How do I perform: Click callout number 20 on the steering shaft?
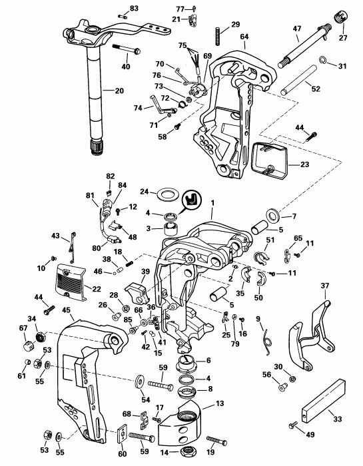pyautogui.click(x=119, y=91)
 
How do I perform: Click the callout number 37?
pyautogui.click(x=325, y=286)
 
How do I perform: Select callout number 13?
pyautogui.click(x=220, y=404)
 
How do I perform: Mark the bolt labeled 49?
pyautogui.click(x=293, y=425)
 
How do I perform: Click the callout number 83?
pyautogui.click(x=134, y=8)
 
